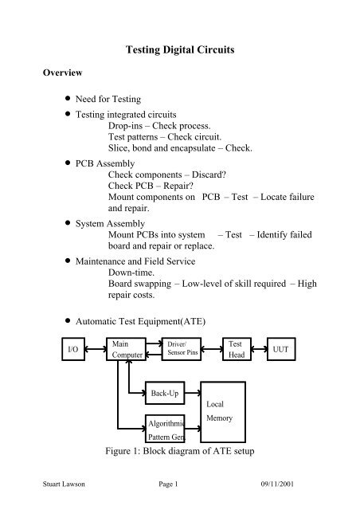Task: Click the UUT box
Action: (x=297, y=348)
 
